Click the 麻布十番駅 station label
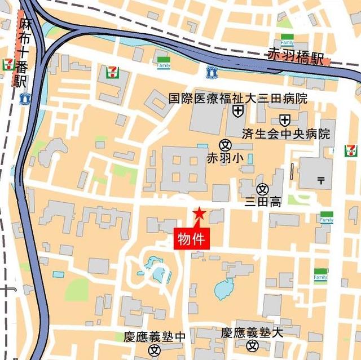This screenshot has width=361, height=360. (22, 52)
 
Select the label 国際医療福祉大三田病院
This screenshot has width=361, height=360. (238, 99)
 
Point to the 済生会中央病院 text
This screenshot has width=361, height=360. (285, 134)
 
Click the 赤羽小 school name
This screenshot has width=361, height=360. (225, 158)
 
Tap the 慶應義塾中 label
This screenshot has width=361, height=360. (154, 336)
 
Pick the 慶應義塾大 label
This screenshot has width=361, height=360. (252, 332)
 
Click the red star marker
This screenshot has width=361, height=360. (199, 214)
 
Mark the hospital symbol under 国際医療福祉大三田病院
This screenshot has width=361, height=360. (238, 112)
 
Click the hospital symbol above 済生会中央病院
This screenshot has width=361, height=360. (285, 120)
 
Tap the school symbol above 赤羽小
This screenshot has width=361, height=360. (226, 144)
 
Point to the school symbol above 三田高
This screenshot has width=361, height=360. (262, 189)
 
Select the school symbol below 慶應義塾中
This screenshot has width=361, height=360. (154, 350)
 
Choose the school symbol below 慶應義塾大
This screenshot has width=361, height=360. (252, 346)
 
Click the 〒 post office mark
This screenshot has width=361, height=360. (320, 180)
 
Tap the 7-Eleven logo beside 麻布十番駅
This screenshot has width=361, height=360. (8, 64)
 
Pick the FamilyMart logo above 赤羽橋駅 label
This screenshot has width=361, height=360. (287, 42)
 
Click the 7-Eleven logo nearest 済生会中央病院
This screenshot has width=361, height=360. (351, 150)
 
